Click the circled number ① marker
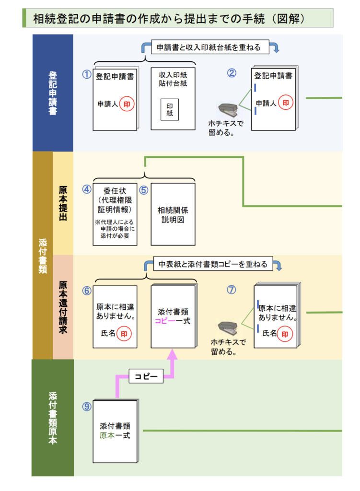point(86,74)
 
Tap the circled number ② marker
point(232,73)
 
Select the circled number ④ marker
point(86,189)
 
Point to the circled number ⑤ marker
point(143,189)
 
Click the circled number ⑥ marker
point(86,291)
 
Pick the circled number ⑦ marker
point(232,290)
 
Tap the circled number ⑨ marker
point(86,406)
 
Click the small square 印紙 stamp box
point(170,110)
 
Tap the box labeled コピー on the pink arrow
point(146,376)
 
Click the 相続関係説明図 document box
point(173,214)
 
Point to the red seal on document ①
point(127,103)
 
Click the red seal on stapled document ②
point(286,103)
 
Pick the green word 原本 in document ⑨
point(107,435)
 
